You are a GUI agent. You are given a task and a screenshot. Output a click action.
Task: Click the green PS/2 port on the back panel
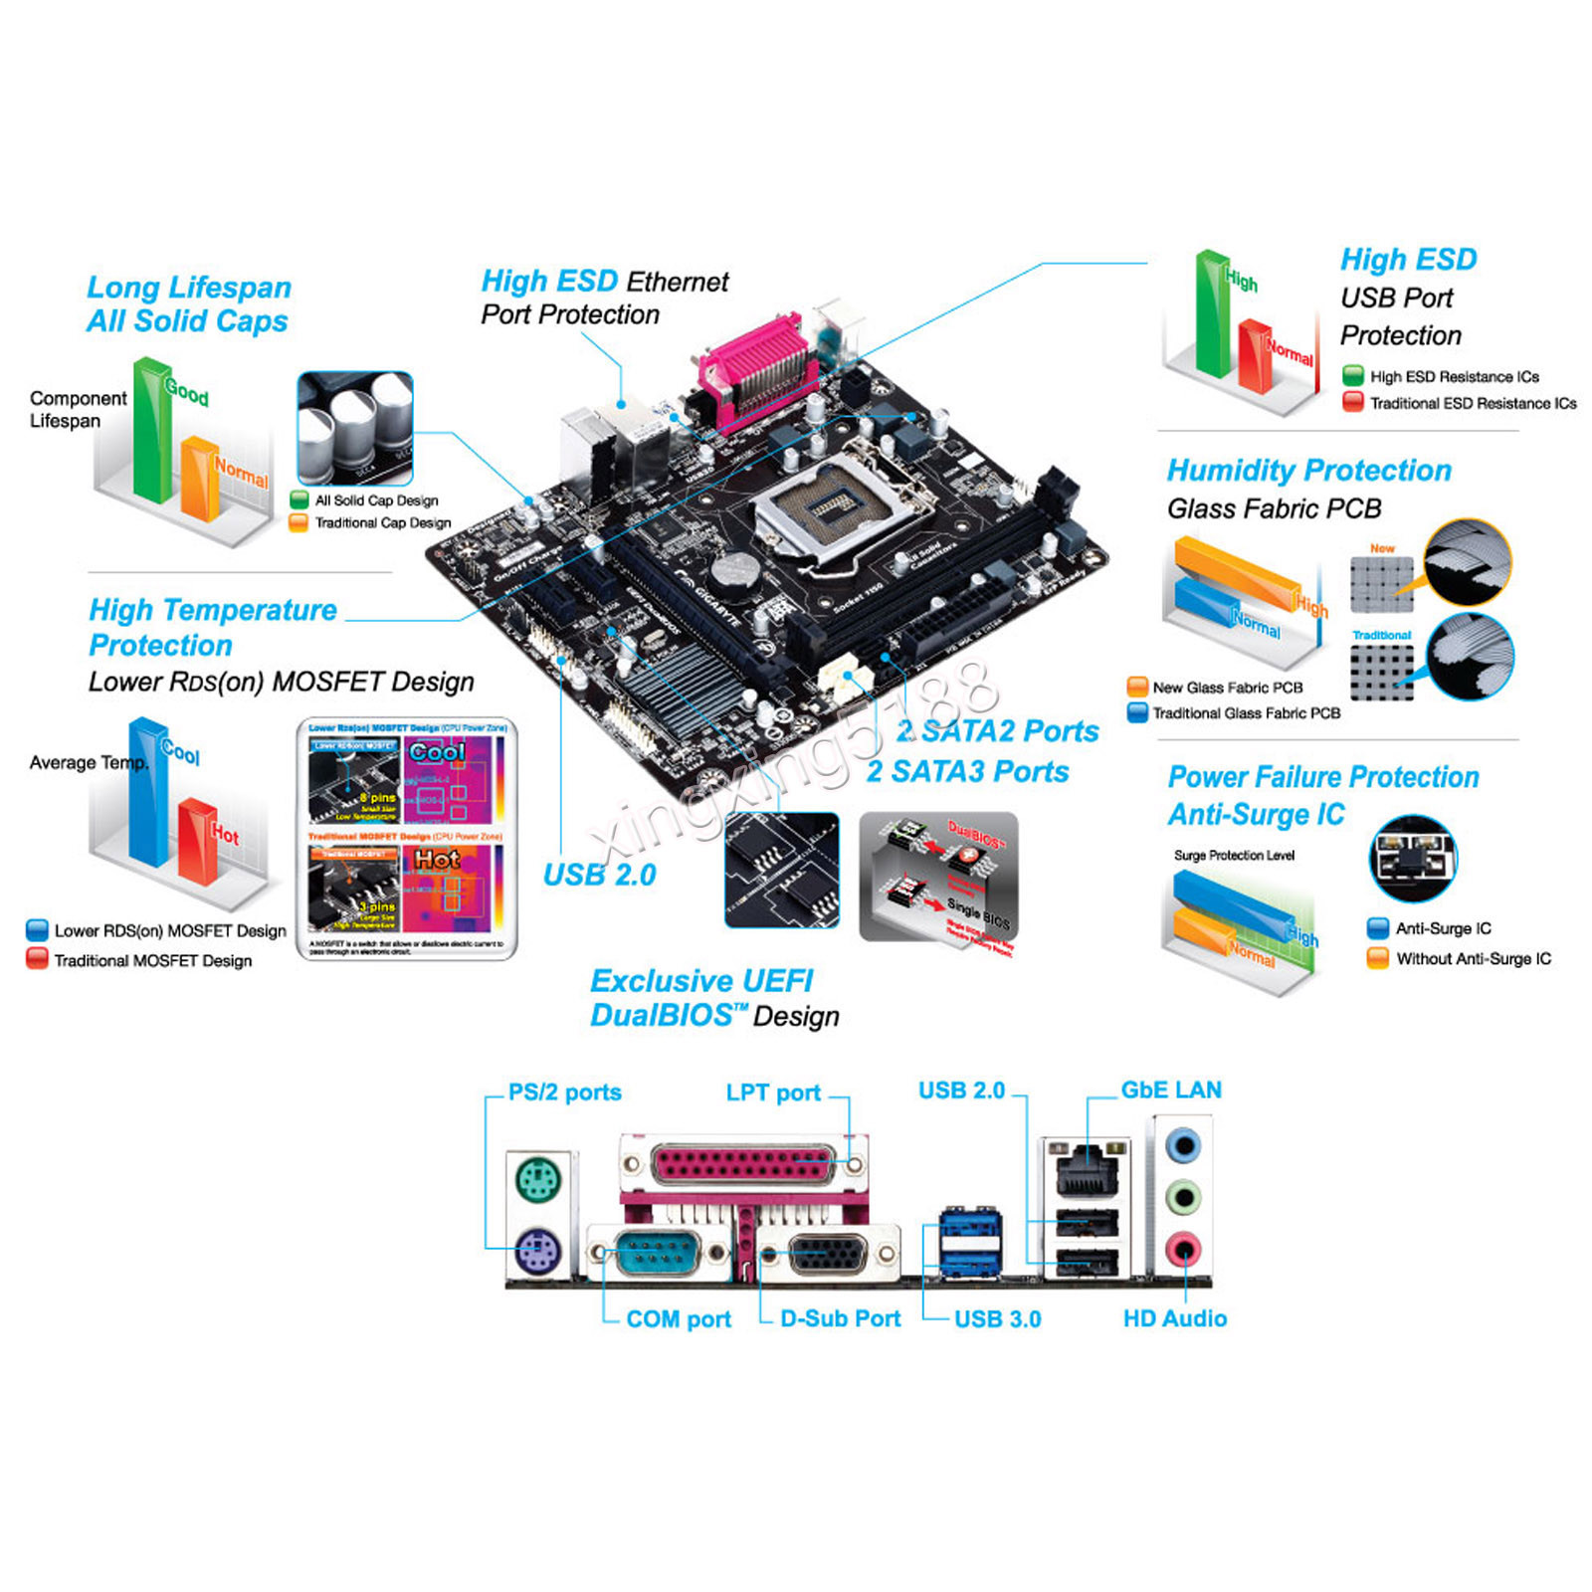pyautogui.click(x=538, y=1182)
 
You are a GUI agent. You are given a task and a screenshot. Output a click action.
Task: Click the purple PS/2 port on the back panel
pyautogui.click(x=538, y=1249)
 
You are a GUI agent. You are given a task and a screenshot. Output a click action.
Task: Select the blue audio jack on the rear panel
pyautogui.click(x=1183, y=1146)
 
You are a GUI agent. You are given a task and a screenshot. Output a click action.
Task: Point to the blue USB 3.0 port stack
pyautogui.click(x=971, y=1244)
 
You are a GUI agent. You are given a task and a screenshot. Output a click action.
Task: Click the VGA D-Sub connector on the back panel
pyautogui.click(x=827, y=1255)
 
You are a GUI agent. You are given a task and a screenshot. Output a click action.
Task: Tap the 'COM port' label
pyautogui.click(x=679, y=1319)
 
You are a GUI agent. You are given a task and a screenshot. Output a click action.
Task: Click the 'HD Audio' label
pyautogui.click(x=1175, y=1318)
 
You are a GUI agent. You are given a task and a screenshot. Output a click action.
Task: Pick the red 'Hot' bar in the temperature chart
pyautogui.click(x=197, y=841)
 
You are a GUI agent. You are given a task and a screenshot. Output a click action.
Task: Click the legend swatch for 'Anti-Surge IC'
pyautogui.click(x=1378, y=928)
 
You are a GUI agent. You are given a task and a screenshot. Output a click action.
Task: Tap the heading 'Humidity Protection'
pyautogui.click(x=1308, y=470)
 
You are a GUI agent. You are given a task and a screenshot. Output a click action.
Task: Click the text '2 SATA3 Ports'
pyautogui.click(x=967, y=771)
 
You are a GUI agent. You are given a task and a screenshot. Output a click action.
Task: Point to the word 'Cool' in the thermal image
pyautogui.click(x=437, y=752)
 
